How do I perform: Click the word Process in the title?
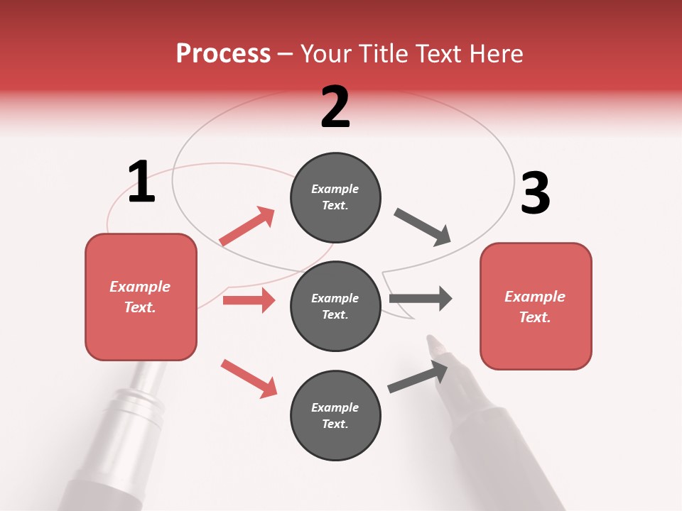223,54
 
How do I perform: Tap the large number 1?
141,182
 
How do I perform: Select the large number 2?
335,107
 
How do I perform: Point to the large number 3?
535,193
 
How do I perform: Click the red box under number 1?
141,297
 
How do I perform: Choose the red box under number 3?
536,306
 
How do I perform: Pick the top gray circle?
335,197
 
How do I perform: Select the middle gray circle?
335,306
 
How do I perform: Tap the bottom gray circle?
335,415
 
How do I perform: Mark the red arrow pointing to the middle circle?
249,300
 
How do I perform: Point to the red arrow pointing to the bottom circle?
249,378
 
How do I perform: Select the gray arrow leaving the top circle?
423,227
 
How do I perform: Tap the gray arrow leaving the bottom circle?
418,377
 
